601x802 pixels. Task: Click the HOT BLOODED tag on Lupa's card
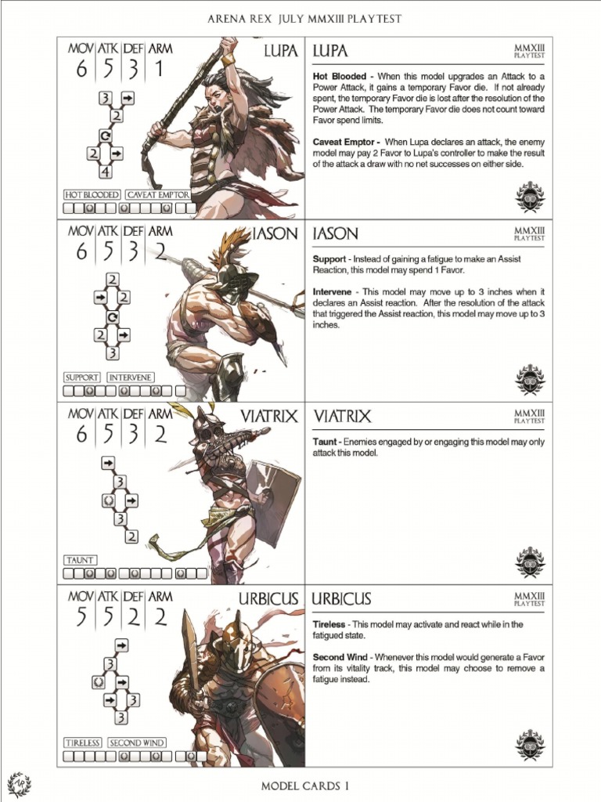coord(92,194)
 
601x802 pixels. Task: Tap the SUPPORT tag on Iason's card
coord(81,377)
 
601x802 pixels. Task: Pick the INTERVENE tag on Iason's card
coord(130,377)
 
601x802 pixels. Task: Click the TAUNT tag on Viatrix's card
coord(81,560)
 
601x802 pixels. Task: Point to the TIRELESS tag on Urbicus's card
coord(82,742)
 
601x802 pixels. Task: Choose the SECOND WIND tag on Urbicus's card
coord(136,742)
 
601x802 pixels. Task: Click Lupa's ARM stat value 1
coord(159,69)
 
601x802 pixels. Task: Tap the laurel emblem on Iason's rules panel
coord(530,379)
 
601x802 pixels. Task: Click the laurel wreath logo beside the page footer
coord(18,784)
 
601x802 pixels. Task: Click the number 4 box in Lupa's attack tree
coord(105,171)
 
